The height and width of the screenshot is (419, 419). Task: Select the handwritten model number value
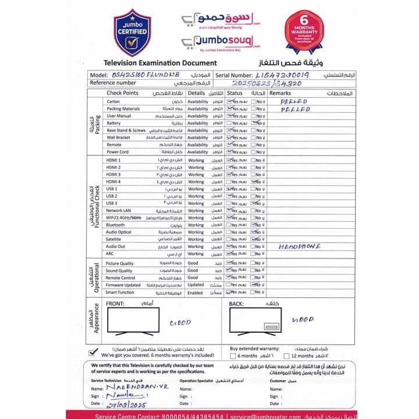[x=142, y=76]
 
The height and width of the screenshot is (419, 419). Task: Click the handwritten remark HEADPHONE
[x=300, y=246]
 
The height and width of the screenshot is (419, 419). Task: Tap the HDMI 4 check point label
[x=113, y=182]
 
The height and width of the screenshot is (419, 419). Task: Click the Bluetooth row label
[x=115, y=225]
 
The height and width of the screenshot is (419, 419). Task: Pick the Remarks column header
[x=280, y=93]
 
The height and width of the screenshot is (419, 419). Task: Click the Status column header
[x=235, y=93]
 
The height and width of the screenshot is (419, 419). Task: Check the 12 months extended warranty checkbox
[x=286, y=356]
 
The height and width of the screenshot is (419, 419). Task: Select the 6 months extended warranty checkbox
[x=233, y=356]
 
